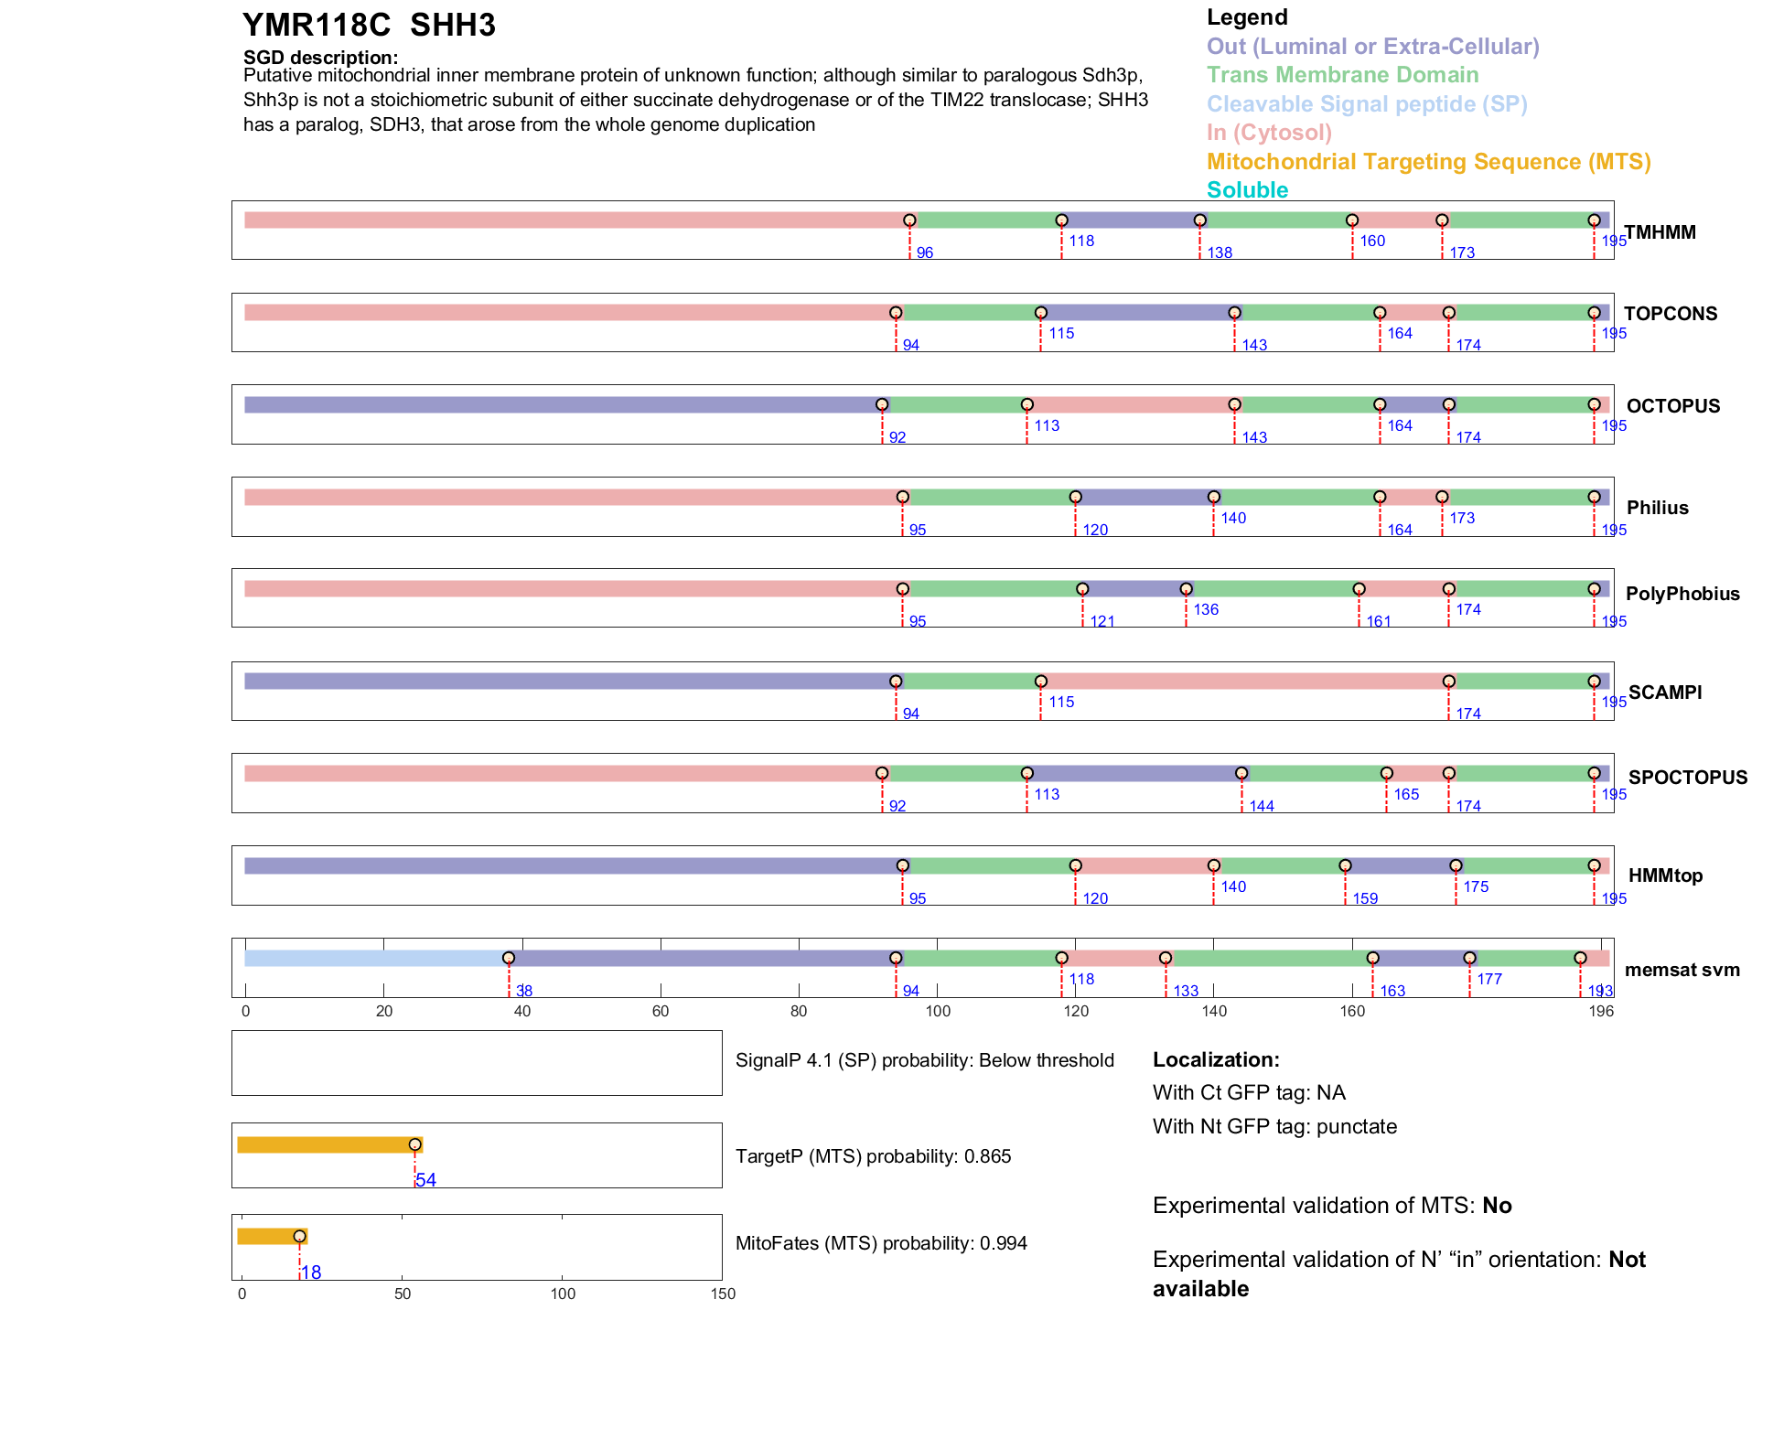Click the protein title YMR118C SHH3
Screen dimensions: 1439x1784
[x=369, y=26]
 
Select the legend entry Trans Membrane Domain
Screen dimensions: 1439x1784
[x=1342, y=75]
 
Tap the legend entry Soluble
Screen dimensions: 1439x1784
[x=1247, y=190]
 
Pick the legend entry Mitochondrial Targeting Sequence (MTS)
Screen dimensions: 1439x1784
[x=1428, y=162]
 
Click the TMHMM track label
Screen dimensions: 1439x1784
[x=1660, y=232]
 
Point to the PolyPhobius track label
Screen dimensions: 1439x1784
[x=1682, y=594]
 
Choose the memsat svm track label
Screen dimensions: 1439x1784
[x=1682, y=970]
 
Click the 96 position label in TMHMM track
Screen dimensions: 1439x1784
[x=924, y=252]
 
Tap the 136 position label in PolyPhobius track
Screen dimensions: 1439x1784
[x=1206, y=609]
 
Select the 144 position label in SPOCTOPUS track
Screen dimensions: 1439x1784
[x=1262, y=806]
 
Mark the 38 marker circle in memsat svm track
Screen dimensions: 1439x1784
[x=509, y=958]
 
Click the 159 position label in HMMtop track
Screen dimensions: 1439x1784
[x=1365, y=898]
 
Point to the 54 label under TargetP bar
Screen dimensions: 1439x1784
[x=425, y=1180]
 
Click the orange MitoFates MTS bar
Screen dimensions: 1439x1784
[x=271, y=1237]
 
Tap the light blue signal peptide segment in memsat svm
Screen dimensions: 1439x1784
[x=375, y=958]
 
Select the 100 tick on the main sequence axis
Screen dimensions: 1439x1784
[x=938, y=1011]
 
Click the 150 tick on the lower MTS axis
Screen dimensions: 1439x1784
[x=723, y=1294]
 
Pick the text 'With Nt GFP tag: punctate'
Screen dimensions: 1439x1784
[x=1274, y=1126]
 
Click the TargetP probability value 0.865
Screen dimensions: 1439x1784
[x=985, y=1156]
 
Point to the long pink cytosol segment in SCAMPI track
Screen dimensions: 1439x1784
[x=1244, y=682]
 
